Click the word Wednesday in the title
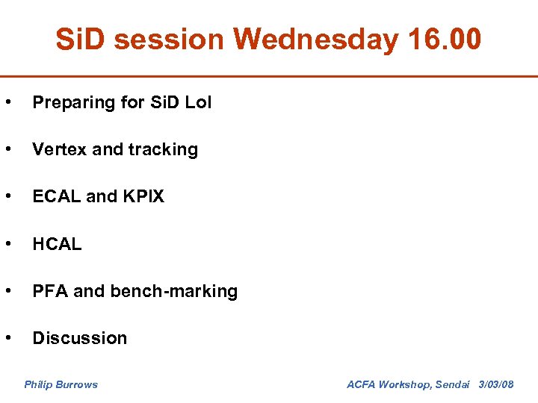316,40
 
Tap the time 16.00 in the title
445,40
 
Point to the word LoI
198,103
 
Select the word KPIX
143,196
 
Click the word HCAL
57,244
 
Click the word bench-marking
173,291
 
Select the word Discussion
79,338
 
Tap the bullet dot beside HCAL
7,244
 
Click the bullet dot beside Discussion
7,338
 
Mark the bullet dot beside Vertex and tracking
7,149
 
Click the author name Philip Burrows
61,384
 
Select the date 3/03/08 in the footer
495,384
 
